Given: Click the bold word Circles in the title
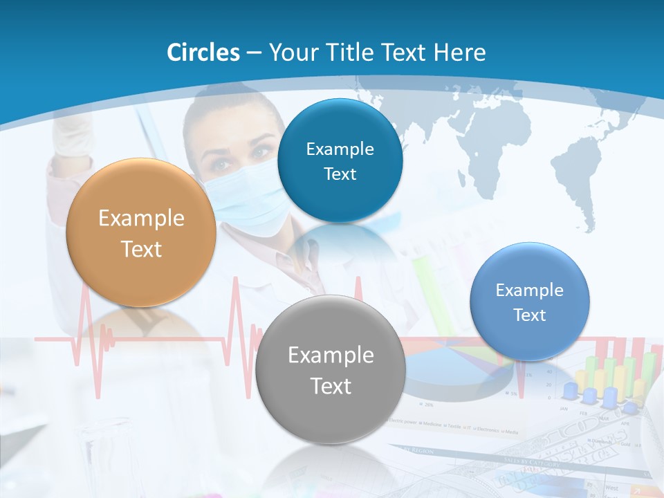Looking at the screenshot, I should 203,53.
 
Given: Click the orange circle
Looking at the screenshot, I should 141,233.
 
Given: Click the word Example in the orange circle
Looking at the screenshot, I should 141,219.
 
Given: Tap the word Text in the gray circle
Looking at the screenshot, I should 331,386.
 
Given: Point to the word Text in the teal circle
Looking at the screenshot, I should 340,174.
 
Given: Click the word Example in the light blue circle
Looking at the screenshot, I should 530,290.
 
